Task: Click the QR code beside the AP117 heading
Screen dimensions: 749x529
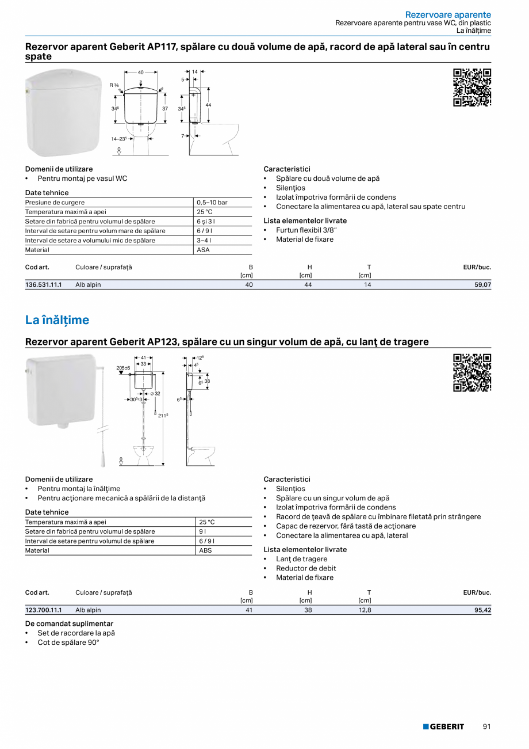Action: pos(472,88)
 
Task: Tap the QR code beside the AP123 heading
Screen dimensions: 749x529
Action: pos(472,372)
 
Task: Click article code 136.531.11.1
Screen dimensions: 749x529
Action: pos(43,285)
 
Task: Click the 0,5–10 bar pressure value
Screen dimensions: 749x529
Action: pos(212,203)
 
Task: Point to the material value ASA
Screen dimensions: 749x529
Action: pos(203,250)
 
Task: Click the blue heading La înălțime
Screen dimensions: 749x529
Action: pos(57,320)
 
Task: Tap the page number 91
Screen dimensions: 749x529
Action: pos(486,727)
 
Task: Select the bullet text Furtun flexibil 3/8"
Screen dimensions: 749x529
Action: pos(306,230)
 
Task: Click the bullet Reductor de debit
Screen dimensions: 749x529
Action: pos(306,568)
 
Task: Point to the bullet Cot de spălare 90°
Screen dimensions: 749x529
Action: pos(68,642)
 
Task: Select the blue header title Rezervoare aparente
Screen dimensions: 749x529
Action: pos(448,14)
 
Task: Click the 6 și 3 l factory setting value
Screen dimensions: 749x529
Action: pos(206,222)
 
